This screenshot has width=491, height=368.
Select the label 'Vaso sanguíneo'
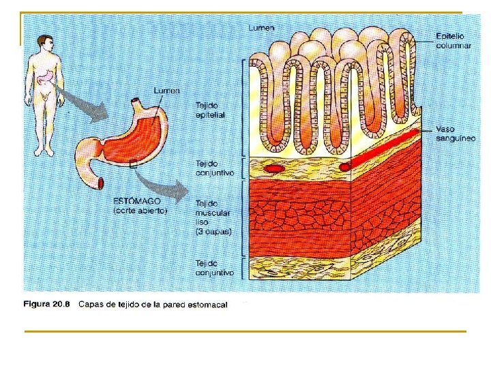(455, 134)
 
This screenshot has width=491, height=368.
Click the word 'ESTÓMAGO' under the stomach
(137, 201)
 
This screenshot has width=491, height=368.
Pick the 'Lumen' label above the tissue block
(262, 28)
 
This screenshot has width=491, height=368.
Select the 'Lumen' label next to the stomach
(167, 91)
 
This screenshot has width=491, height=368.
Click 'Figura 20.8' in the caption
(47, 304)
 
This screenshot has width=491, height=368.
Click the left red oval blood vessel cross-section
(274, 168)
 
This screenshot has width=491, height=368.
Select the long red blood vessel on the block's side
(382, 148)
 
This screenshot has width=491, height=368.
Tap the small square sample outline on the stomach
(133, 164)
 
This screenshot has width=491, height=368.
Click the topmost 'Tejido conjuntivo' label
(214, 168)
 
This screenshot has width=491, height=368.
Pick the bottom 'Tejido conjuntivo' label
(214, 267)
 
